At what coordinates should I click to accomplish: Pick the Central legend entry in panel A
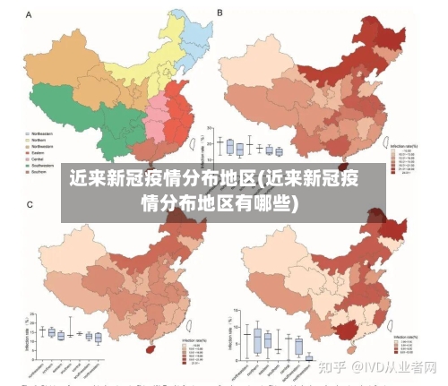[36, 159]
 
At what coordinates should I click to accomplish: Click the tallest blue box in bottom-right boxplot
[257, 340]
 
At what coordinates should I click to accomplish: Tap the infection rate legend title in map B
[406, 143]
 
